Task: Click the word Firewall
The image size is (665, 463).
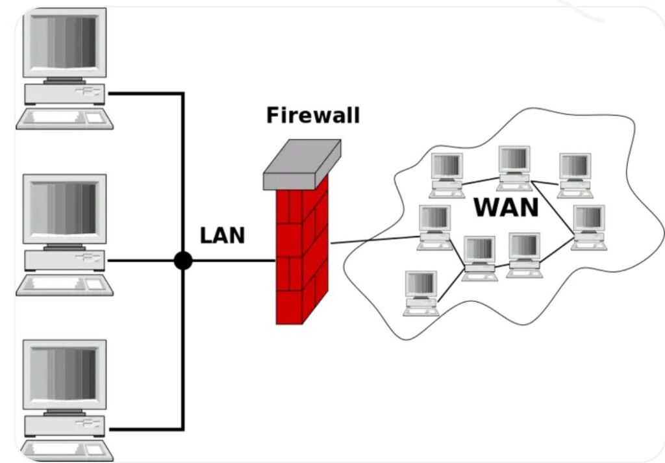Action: tap(313, 115)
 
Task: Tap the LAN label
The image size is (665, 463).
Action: tap(222, 235)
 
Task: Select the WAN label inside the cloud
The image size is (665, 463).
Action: tap(506, 207)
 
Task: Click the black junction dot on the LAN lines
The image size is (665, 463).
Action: tap(183, 260)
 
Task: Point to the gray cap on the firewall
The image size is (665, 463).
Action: tap(302, 164)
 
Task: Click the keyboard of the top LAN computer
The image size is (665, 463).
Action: tap(65, 119)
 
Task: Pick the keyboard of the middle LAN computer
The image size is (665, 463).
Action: tap(65, 285)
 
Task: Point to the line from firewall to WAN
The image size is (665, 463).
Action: tap(375, 240)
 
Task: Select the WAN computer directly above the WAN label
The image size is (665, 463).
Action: tap(514, 168)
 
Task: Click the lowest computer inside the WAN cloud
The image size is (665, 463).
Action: tap(421, 294)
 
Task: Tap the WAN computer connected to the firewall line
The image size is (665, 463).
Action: tap(434, 228)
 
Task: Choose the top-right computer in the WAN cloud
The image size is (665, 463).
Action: tap(575, 175)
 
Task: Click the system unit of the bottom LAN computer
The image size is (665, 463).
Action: tap(64, 426)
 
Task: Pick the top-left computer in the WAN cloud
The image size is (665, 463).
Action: tap(447, 175)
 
